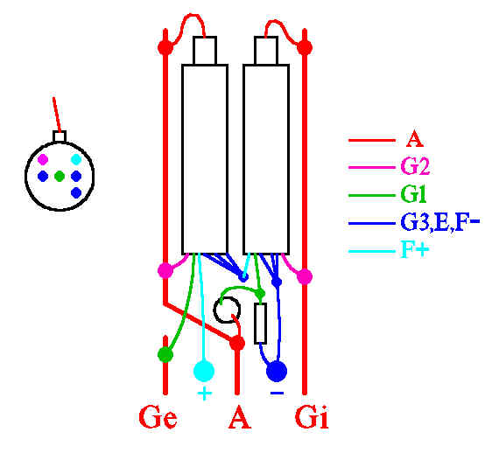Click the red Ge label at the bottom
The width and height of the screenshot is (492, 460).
coord(158,417)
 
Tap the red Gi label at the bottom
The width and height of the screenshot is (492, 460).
coord(312,417)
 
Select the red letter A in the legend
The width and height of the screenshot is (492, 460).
coord(414,139)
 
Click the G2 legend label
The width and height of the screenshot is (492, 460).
coord(415,166)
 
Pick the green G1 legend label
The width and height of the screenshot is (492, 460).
coord(413,194)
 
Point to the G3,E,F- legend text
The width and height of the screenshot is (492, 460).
coord(440,223)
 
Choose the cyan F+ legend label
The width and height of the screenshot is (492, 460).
coord(414,249)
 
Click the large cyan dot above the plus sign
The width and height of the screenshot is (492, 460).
coord(204,371)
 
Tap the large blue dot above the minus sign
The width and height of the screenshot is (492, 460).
coord(277,372)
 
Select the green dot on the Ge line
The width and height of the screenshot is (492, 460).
coord(165,355)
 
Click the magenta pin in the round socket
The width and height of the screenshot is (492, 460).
coord(43,160)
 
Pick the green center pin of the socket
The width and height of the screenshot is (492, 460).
coord(60,176)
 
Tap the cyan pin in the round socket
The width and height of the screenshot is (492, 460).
coord(76,159)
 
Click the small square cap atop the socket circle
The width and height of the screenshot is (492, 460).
coord(60,137)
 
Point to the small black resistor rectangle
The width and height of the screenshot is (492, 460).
coord(260,323)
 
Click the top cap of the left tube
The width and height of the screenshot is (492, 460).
coord(205,51)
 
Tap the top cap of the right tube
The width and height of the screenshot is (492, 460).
coord(266,51)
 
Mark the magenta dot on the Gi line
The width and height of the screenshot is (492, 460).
coord(305,276)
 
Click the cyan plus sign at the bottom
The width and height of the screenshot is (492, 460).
coord(204,394)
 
